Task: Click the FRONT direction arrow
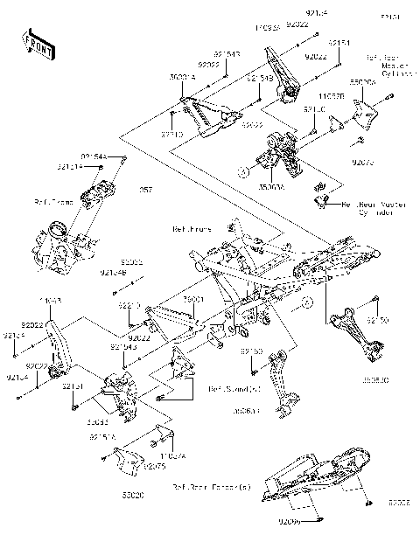click(34, 41)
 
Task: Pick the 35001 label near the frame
click(193, 299)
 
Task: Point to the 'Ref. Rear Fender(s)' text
click(210, 488)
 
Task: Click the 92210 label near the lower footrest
click(129, 306)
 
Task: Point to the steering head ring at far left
click(57, 231)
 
